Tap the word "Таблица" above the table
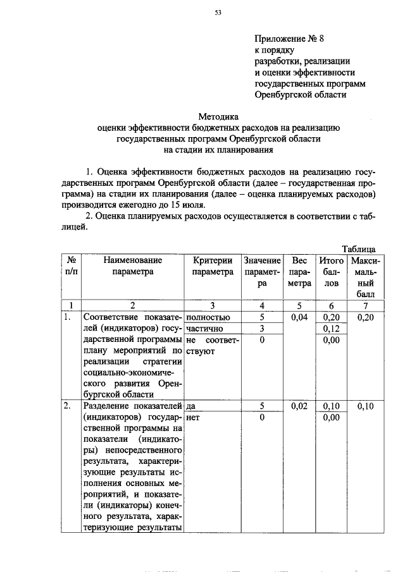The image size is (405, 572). tap(359, 249)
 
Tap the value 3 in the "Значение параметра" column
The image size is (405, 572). tap(261, 329)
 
